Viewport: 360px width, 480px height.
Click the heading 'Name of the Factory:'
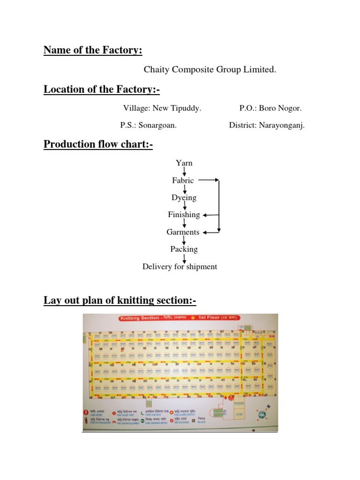pyautogui.click(x=93, y=50)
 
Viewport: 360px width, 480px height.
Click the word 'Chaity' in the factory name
pyautogui.click(x=156, y=70)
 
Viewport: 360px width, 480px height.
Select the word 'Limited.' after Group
pyautogui.click(x=260, y=70)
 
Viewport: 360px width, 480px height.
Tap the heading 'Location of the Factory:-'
pyautogui.click(x=99, y=89)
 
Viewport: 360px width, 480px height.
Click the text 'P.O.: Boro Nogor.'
pyautogui.click(x=270, y=108)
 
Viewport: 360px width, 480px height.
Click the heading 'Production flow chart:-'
pyautogui.click(x=98, y=144)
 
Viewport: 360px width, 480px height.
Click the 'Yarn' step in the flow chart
pyautogui.click(x=184, y=163)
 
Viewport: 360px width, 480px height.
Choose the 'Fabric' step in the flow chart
pyautogui.click(x=183, y=180)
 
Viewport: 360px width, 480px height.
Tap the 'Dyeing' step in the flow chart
pyautogui.click(x=184, y=198)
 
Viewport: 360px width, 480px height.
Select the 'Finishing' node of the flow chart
pyautogui.click(x=184, y=215)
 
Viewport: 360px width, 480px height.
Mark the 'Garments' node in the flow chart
pyautogui.click(x=183, y=232)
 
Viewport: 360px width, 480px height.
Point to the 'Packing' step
pyautogui.click(x=184, y=249)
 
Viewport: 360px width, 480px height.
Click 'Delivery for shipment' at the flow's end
pyautogui.click(x=180, y=267)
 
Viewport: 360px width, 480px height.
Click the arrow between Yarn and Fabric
pyautogui.click(x=184, y=172)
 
